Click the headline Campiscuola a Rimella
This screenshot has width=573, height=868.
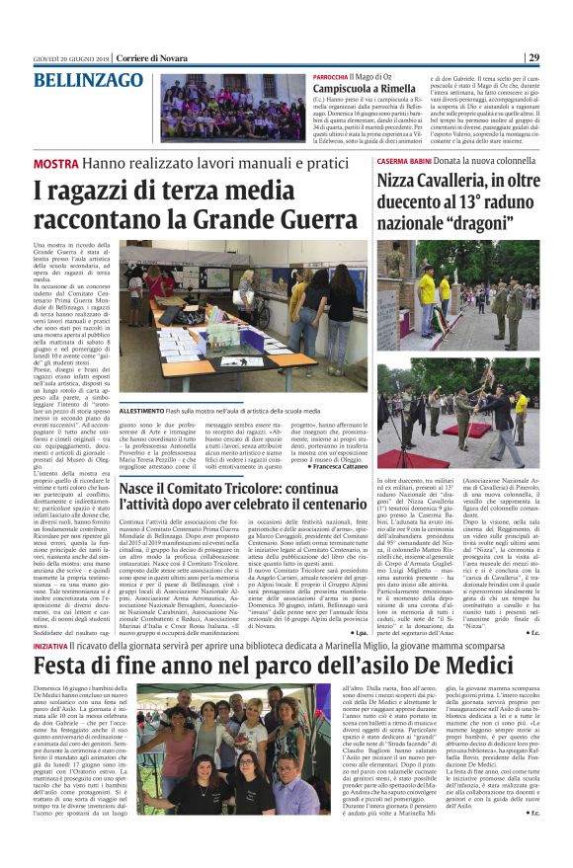(x=363, y=89)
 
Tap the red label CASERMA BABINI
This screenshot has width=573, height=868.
(x=404, y=160)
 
